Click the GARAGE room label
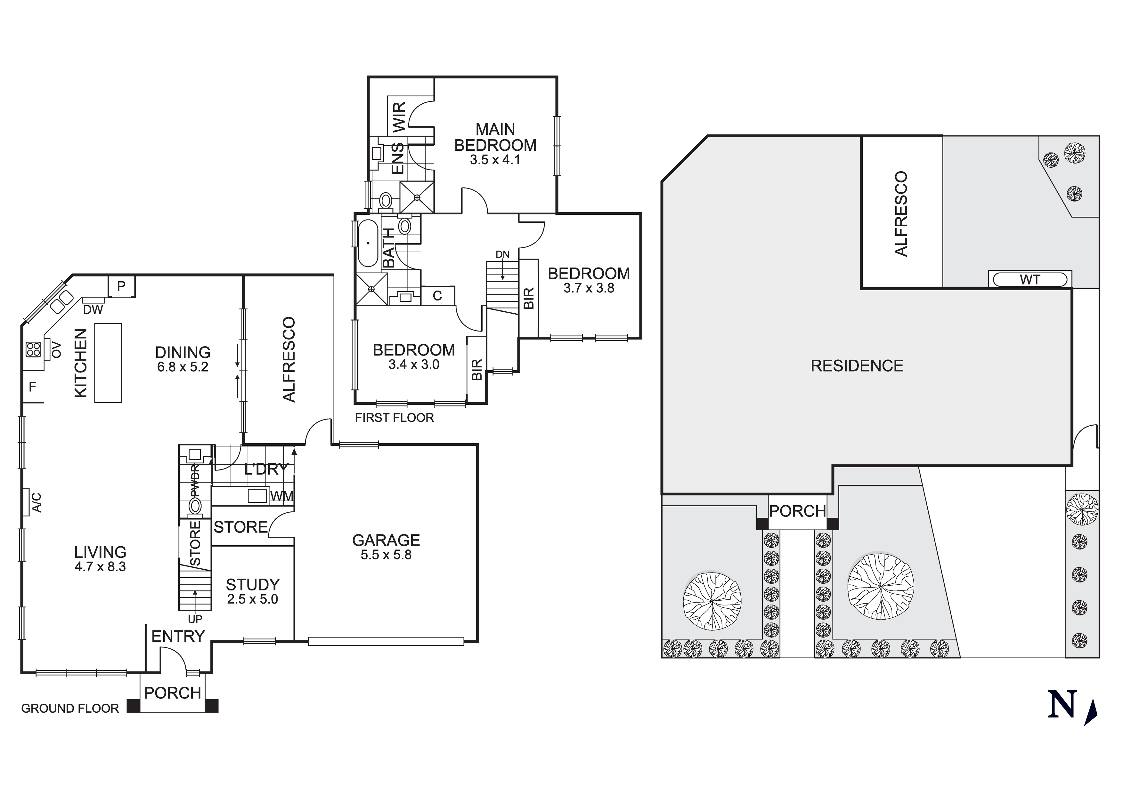pyautogui.click(x=386, y=540)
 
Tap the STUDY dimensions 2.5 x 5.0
pyautogui.click(x=252, y=599)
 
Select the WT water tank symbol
pyautogui.click(x=1029, y=280)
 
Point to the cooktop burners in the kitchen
pyautogui.click(x=33, y=349)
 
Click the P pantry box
pyautogui.click(x=121, y=286)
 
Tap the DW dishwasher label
pyautogui.click(x=93, y=309)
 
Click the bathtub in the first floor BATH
pyautogui.click(x=368, y=243)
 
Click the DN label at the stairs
pyautogui.click(x=502, y=254)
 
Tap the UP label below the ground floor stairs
pyautogui.click(x=195, y=620)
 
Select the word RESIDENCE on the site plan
pyautogui.click(x=857, y=366)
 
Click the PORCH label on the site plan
pyautogui.click(x=797, y=511)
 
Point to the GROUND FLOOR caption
pyautogui.click(x=70, y=709)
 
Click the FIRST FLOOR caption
pyautogui.click(x=394, y=418)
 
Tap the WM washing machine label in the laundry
pyautogui.click(x=282, y=496)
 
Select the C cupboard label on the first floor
pyautogui.click(x=437, y=295)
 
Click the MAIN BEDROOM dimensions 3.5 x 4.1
pyautogui.click(x=495, y=160)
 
